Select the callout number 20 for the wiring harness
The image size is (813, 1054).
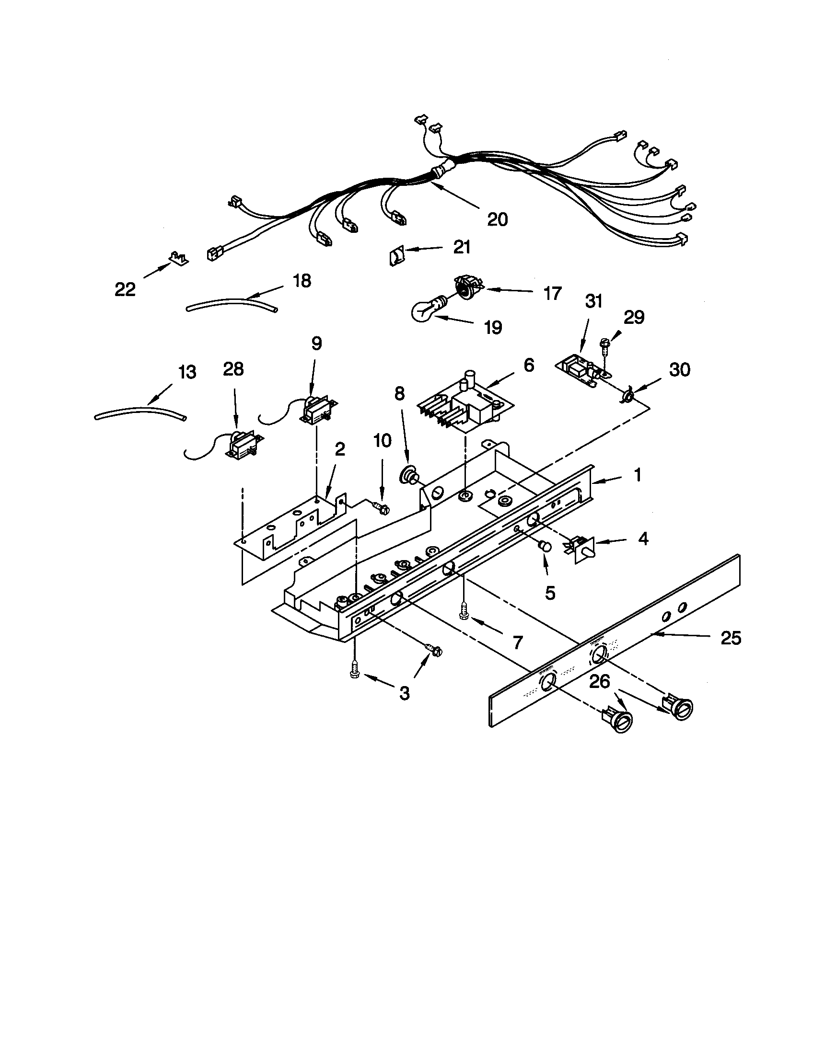click(497, 219)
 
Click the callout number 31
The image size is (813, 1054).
click(594, 302)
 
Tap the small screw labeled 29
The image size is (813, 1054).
click(604, 344)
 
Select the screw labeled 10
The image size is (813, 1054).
click(382, 508)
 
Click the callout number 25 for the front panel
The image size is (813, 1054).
click(731, 638)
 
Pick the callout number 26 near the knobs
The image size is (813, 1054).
click(600, 681)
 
